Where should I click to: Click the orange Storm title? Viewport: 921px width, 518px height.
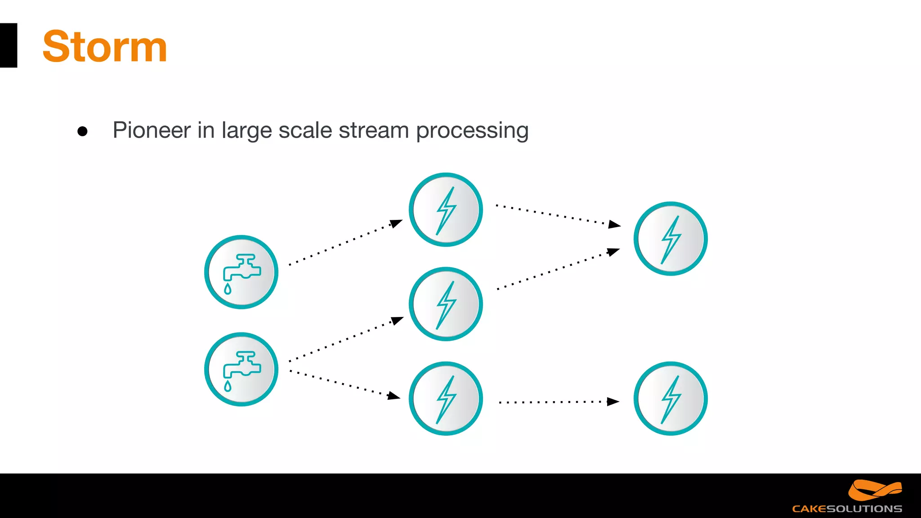[x=104, y=47]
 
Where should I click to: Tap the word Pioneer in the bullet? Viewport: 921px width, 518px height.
[x=152, y=130]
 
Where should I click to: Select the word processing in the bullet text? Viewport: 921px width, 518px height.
[x=472, y=130]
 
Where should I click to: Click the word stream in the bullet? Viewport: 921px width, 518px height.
[x=373, y=130]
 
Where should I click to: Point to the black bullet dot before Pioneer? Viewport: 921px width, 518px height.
[x=82, y=131]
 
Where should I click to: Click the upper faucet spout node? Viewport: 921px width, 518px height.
[x=241, y=272]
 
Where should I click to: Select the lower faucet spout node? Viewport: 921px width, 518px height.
[x=241, y=369]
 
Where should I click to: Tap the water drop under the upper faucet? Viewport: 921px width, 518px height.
[x=228, y=289]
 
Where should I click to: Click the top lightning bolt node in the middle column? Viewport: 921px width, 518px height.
[x=446, y=210]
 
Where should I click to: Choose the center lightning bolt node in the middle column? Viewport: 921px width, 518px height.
[x=446, y=304]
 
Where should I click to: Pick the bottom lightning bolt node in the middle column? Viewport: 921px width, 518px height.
[x=446, y=398]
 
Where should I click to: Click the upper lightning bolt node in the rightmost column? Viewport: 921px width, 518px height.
[x=671, y=238]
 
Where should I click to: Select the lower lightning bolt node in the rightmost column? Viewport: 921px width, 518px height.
[x=671, y=398]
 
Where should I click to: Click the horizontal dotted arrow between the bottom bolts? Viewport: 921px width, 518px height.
[x=558, y=402]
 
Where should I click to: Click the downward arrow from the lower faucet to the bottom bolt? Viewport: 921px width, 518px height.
[x=344, y=384]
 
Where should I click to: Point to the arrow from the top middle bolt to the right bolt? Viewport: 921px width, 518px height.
[x=558, y=215]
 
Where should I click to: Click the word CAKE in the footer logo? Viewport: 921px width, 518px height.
[x=809, y=509]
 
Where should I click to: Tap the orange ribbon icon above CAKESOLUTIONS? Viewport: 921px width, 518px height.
[x=874, y=490]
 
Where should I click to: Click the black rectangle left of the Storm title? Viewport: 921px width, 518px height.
[x=9, y=45]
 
